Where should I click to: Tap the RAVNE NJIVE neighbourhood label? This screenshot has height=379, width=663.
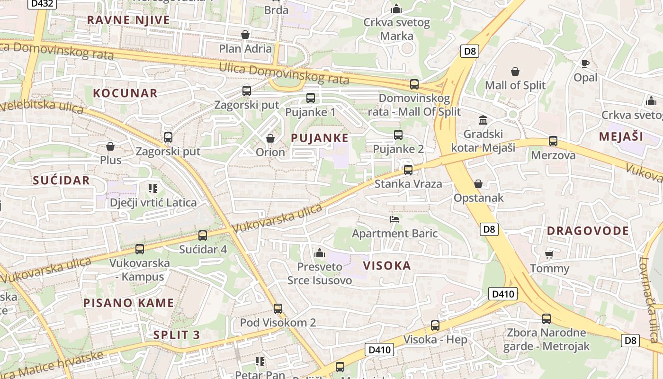click(x=128, y=20)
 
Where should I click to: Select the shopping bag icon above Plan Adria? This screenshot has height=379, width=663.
click(x=245, y=35)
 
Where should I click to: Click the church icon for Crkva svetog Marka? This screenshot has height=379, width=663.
click(x=396, y=9)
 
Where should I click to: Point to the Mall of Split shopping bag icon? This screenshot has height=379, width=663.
click(x=515, y=72)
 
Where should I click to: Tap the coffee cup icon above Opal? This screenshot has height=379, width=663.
click(x=585, y=63)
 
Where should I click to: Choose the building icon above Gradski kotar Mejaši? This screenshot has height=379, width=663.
click(x=483, y=120)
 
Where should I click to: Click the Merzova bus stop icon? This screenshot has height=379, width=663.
click(x=553, y=141)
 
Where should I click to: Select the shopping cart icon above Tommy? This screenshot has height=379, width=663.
click(x=549, y=255)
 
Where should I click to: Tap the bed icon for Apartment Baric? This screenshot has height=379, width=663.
click(x=394, y=219)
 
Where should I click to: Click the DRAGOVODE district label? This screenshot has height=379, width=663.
click(x=588, y=231)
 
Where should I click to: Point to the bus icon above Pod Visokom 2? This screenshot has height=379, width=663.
click(x=278, y=309)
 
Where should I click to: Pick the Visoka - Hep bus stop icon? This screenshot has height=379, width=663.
click(x=435, y=325)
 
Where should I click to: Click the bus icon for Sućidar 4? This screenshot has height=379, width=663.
click(x=203, y=235)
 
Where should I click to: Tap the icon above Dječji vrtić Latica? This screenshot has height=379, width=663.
click(x=152, y=189)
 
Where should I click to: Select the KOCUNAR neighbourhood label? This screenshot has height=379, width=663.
click(x=125, y=93)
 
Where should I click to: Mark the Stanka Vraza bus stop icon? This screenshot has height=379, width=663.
click(x=408, y=170)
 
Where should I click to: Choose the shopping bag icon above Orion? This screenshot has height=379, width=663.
click(x=270, y=138)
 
